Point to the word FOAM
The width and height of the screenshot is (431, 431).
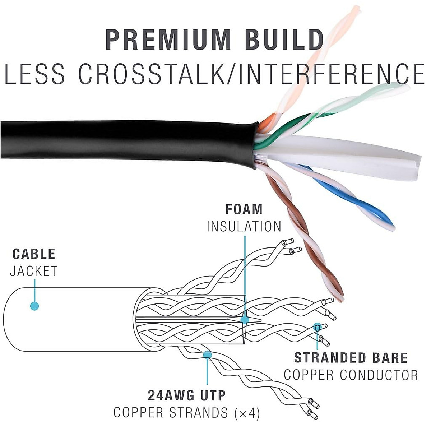pos(244,209)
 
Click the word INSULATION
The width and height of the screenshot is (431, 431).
pos(244,227)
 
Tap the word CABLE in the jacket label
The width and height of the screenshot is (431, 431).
pos(34,254)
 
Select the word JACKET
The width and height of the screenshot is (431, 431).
pos(34,272)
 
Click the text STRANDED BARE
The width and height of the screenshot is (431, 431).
pos(351,358)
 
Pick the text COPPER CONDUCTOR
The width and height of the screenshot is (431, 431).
pos(351,375)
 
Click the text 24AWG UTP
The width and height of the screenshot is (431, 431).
pos(187,395)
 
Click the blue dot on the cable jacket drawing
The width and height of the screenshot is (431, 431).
pos(34,306)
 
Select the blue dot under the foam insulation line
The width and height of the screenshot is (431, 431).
pos(245,319)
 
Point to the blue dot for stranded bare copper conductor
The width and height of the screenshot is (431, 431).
pos(317,327)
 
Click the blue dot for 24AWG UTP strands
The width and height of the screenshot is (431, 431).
pos(207,355)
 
